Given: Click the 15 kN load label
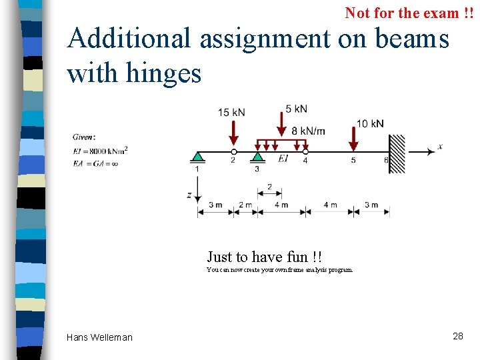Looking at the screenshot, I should pos(231,113).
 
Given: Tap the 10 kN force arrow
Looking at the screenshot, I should pos(353,137).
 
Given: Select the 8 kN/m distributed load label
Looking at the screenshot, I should pos(309,131).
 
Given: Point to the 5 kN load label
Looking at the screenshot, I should pos(296,109).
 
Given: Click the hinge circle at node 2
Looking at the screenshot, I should pos(233,152).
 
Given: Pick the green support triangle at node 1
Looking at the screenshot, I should pos(197,157).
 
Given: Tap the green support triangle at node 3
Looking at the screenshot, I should pos(257,157).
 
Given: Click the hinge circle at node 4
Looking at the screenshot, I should pos(305,152).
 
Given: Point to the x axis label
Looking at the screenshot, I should pos(440,147).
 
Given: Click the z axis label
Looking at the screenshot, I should pos(189,195).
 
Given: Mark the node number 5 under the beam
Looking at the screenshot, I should pos(353,160).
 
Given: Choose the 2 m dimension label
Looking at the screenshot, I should pos(245,205).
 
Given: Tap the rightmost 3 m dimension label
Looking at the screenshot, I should pos(371,205).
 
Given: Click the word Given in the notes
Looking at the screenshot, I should pos(84,137).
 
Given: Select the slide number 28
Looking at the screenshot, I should pos(457,336).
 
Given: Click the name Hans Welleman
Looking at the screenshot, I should pos(99,337).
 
